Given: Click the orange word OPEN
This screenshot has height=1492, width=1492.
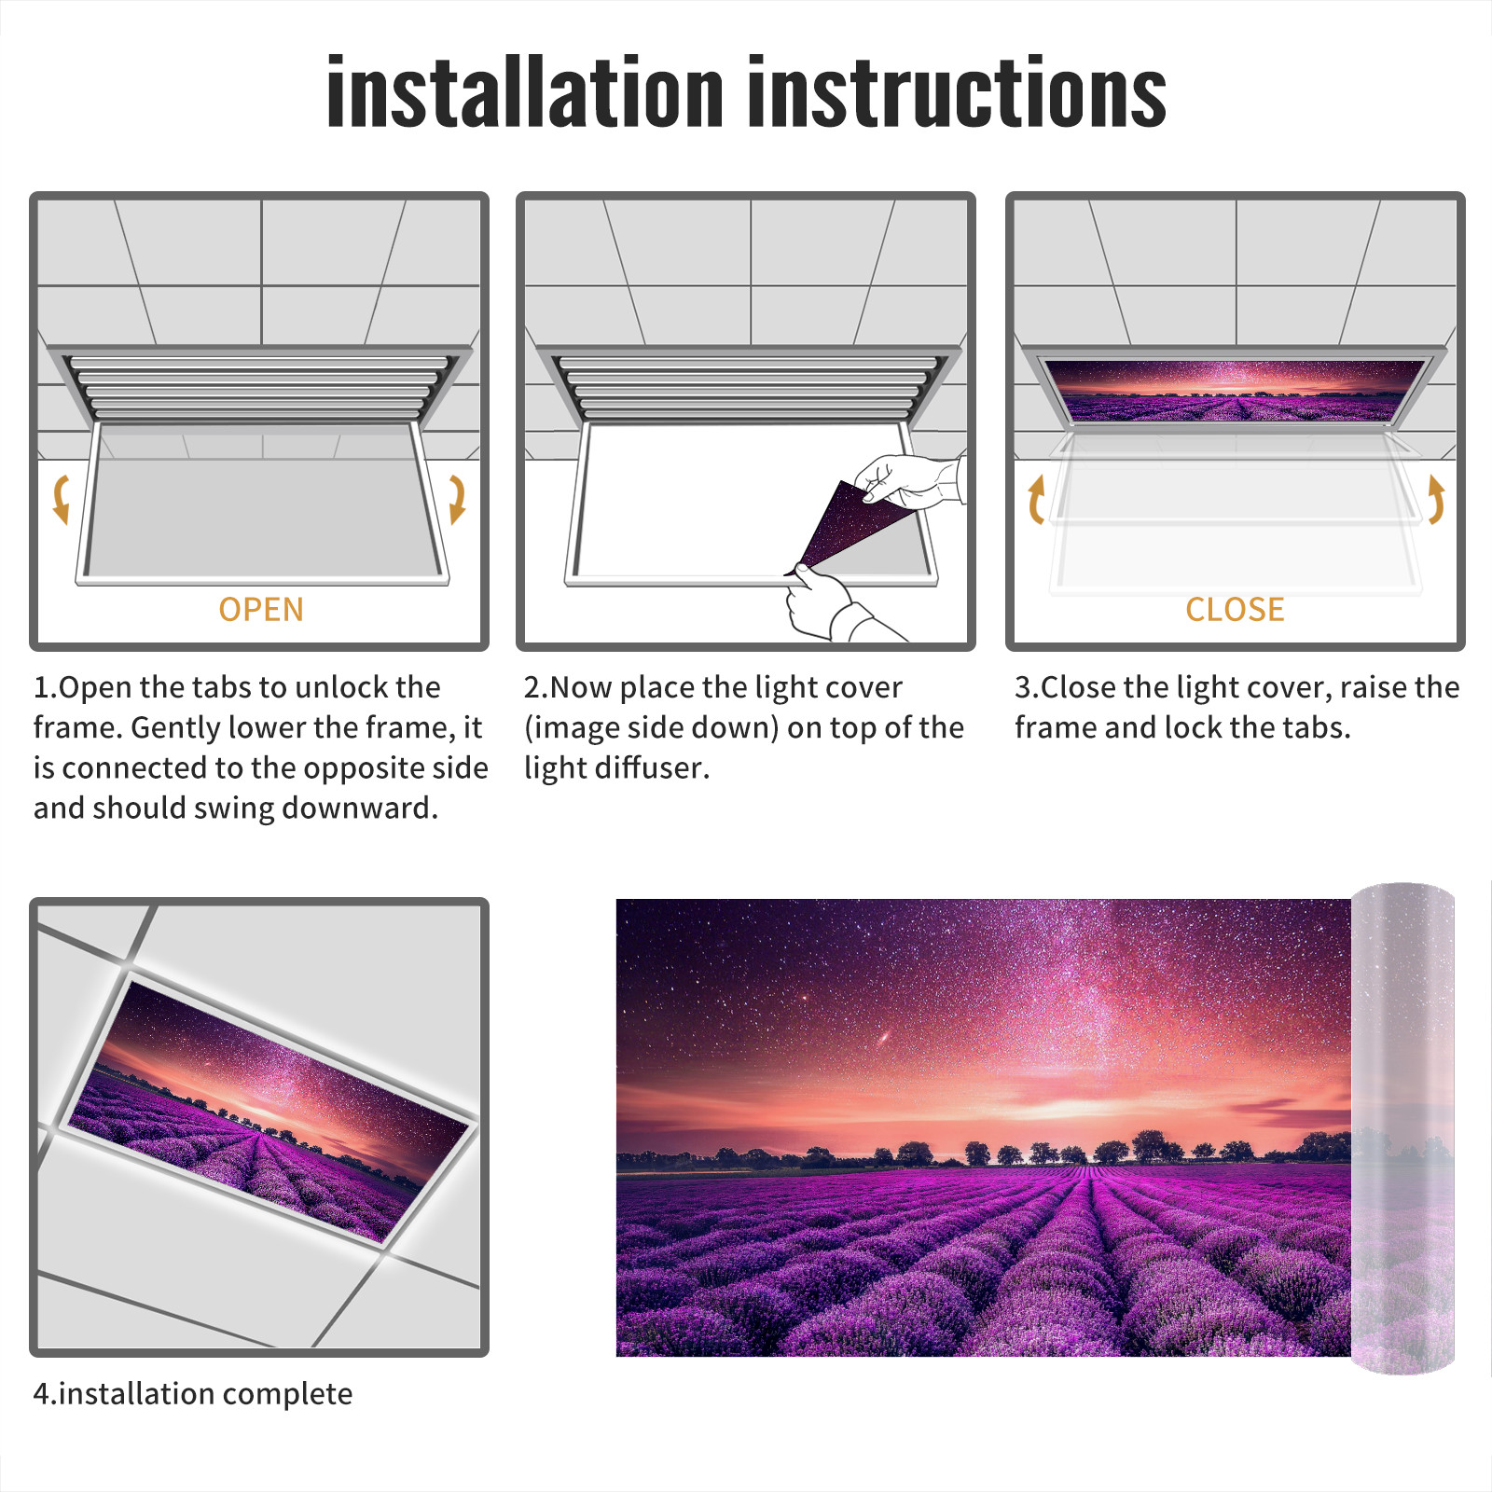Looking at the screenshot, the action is click(x=261, y=609).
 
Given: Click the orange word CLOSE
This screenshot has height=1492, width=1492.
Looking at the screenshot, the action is click(x=1235, y=609).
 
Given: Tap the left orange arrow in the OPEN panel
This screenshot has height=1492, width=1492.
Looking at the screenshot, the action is click(x=61, y=499).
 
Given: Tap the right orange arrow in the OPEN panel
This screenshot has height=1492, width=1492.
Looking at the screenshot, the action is click(x=457, y=499).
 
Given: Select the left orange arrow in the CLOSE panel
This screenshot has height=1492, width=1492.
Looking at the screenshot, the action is click(x=1036, y=499).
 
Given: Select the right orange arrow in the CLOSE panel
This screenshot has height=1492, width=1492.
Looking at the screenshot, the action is click(x=1436, y=499).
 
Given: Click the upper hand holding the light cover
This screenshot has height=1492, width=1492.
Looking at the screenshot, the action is click(x=909, y=480).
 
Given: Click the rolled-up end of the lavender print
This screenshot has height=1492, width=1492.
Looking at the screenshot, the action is click(x=1402, y=1127).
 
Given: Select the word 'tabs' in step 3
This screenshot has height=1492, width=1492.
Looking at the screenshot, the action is click(x=1315, y=727).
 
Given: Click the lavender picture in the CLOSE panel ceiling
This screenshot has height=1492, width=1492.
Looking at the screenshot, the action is click(x=1235, y=390).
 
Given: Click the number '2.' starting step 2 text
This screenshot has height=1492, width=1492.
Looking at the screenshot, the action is click(x=536, y=687).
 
